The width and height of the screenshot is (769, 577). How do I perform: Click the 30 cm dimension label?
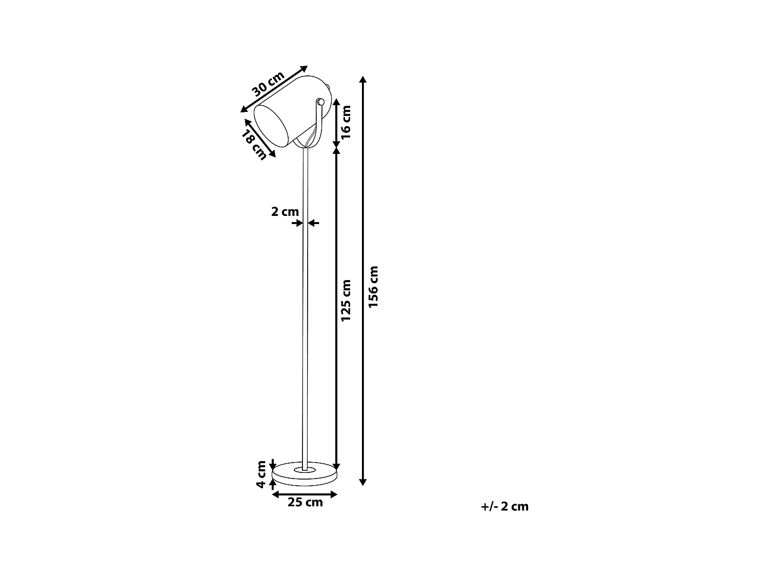268,84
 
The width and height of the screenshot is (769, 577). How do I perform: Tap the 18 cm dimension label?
255,145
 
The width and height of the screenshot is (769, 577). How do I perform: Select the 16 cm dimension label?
346,122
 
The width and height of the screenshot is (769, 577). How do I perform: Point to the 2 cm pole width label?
285,211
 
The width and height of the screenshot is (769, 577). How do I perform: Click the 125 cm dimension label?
346,301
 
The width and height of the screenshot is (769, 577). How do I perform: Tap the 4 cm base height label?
261,474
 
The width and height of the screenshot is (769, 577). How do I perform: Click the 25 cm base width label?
305,503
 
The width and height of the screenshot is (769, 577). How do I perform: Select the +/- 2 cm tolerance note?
504,507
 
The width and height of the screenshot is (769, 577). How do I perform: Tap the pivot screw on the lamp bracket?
320,102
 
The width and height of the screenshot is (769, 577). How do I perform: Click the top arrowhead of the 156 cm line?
363,79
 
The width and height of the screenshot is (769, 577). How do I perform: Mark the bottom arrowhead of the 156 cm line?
363,482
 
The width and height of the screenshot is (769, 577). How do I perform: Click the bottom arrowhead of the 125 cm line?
336,467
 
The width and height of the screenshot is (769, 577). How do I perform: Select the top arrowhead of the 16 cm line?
336,101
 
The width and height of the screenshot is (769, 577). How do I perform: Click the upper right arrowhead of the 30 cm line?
304,68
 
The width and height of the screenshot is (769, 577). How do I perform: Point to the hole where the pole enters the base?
305,469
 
